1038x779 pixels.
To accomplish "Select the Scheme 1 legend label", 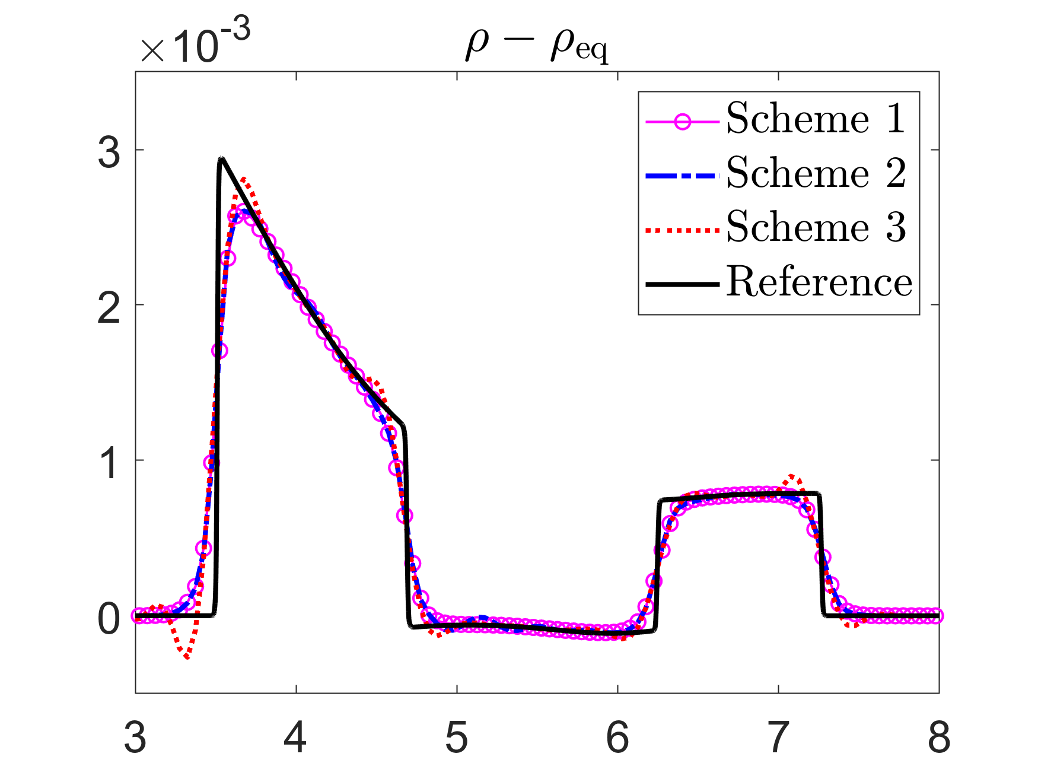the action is [x=816, y=118].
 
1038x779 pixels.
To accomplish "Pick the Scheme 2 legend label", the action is [x=816, y=173].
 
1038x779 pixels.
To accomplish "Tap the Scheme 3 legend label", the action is [x=816, y=227].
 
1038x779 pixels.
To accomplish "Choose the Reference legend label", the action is [x=819, y=281].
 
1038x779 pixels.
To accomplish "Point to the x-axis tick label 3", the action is [x=135, y=737].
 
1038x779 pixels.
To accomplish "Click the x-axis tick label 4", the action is [x=295, y=737].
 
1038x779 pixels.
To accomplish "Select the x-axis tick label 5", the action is [x=457, y=737].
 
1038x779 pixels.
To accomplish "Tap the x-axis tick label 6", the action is [x=617, y=737].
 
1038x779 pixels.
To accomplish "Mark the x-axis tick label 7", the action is [x=778, y=737].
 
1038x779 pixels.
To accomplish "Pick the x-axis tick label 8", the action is [x=939, y=737].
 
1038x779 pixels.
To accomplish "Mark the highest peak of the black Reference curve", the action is [x=221, y=158].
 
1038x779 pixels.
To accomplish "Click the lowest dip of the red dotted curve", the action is [x=187, y=657].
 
